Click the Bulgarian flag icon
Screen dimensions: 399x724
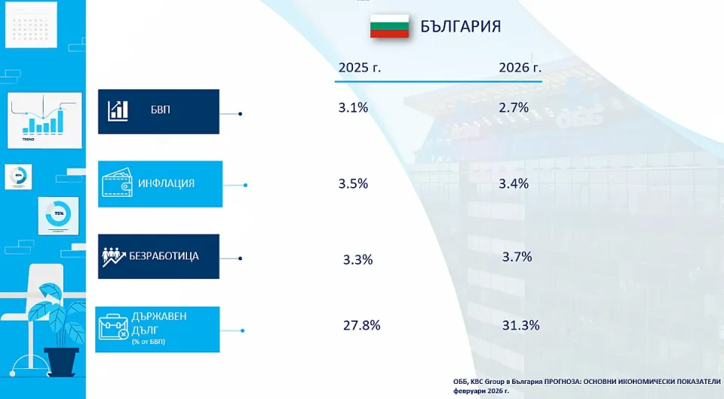pyautogui.click(x=389, y=26)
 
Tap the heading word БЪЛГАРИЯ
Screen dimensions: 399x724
pyautogui.click(x=460, y=26)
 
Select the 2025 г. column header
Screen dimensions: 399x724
pyautogui.click(x=360, y=67)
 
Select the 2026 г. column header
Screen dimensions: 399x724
pyautogui.click(x=520, y=67)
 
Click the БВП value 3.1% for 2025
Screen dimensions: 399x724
pyautogui.click(x=353, y=108)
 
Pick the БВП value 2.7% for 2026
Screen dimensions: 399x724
pyautogui.click(x=514, y=108)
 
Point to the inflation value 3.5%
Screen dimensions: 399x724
pyautogui.click(x=353, y=183)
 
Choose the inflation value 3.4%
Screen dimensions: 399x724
pyautogui.click(x=514, y=183)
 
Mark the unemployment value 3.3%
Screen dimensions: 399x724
pyautogui.click(x=357, y=260)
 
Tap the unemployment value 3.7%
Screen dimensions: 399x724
pyautogui.click(x=517, y=257)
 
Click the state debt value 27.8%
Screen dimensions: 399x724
pyautogui.click(x=362, y=326)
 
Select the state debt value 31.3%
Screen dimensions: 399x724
pyautogui.click(x=520, y=326)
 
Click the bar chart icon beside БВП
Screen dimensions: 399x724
pyautogui.click(x=118, y=111)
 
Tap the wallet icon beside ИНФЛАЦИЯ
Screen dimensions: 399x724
pyautogui.click(x=117, y=183)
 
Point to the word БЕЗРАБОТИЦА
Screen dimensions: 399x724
pyautogui.click(x=169, y=256)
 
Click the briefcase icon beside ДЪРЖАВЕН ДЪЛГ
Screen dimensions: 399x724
pyautogui.click(x=116, y=329)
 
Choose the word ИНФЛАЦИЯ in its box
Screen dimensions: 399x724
pyautogui.click(x=166, y=183)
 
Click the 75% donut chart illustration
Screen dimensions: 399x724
pyautogui.click(x=58, y=214)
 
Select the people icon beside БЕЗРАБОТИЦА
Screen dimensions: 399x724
pyautogui.click(x=114, y=256)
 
